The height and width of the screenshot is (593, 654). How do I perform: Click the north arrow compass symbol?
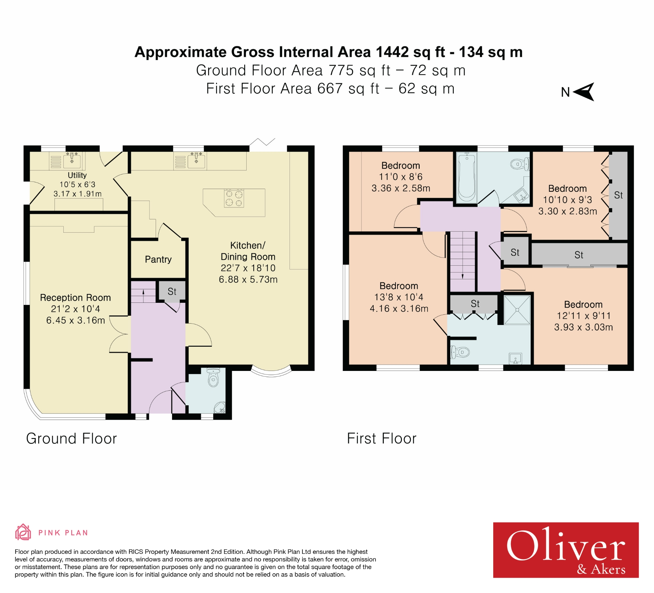[584, 92]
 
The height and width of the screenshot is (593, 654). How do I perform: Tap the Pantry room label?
[158, 259]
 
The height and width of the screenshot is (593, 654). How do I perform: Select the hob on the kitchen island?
[234, 199]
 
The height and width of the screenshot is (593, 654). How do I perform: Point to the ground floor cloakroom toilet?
[213, 378]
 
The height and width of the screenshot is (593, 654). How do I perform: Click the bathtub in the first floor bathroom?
[466, 178]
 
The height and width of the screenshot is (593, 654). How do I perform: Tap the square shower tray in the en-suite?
[517, 310]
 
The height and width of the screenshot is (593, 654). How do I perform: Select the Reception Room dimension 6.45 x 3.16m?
[75, 320]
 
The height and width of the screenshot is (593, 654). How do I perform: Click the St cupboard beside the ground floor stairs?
[172, 291]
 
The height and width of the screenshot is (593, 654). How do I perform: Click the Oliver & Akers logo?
[565, 550]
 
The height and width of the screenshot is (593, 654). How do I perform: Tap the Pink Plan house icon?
[23, 532]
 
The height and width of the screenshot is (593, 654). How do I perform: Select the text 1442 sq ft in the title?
[410, 52]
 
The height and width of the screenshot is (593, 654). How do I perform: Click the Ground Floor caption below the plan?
[72, 438]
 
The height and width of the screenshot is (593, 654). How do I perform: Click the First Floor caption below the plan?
[381, 438]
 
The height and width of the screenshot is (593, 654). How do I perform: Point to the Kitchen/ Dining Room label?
[248, 251]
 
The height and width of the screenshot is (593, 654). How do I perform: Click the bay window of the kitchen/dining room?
[271, 372]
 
